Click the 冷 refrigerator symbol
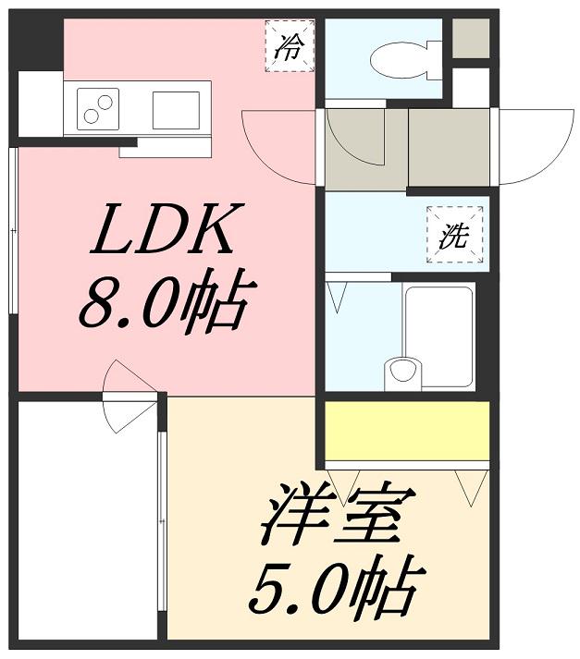[x=290, y=45]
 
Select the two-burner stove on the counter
[x=98, y=106]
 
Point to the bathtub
[x=438, y=336]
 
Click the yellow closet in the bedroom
[x=406, y=430]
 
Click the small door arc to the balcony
[x=125, y=397]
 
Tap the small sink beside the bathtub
[x=401, y=372]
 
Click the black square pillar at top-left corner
[x=37, y=42]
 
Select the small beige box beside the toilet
[x=470, y=38]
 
